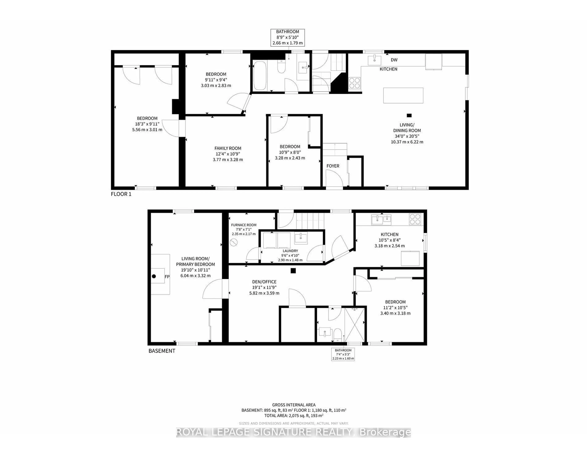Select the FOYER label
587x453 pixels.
[x=333, y=166]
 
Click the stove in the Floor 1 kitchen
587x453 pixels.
[x=354, y=83]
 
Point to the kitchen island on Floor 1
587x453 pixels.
[x=403, y=95]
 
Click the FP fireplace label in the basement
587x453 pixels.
[x=167, y=277]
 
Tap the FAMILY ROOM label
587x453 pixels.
[x=228, y=148]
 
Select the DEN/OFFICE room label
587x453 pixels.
[x=264, y=282]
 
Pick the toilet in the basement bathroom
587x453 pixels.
[x=338, y=335]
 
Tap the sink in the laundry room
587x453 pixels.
[x=301, y=238]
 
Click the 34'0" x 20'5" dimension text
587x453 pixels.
[x=407, y=136]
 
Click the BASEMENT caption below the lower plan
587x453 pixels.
[x=162, y=351]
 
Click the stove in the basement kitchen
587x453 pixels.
[x=415, y=219]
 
